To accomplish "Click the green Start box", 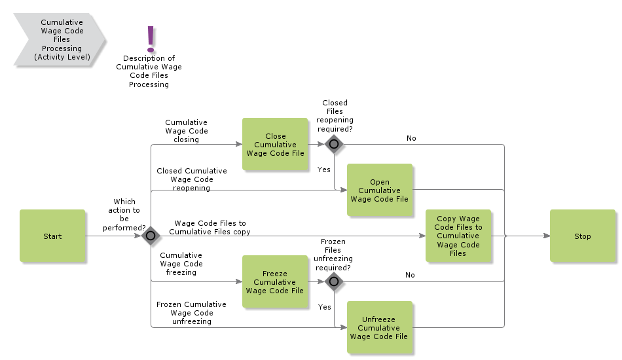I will pyautogui.click(x=52, y=236).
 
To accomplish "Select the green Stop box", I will pyautogui.click(x=582, y=236).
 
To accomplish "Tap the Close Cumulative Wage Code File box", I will pyautogui.click(x=275, y=145).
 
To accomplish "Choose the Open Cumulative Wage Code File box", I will pyautogui.click(x=379, y=190).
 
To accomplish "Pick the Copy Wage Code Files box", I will pyautogui.click(x=458, y=236).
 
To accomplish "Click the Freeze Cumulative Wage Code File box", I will pyautogui.click(x=275, y=282).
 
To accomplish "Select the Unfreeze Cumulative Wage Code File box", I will pyautogui.click(x=379, y=328).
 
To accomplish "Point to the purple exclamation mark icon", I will pyautogui.click(x=151, y=39).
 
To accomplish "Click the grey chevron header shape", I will pyautogui.click(x=59, y=40).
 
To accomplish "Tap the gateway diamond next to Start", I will pyautogui.click(x=151, y=236).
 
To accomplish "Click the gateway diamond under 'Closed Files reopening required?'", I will pyautogui.click(x=334, y=144).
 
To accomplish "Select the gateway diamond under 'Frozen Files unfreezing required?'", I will pyautogui.click(x=334, y=281).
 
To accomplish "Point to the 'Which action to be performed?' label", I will pyautogui.click(x=124, y=215).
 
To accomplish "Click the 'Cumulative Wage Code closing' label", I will pyautogui.click(x=186, y=131).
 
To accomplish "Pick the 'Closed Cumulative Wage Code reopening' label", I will pyautogui.click(x=191, y=179).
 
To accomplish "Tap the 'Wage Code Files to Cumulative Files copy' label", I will pyautogui.click(x=210, y=227).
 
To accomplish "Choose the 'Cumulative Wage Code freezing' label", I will pyautogui.click(x=181, y=264).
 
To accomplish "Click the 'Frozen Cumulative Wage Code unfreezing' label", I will pyautogui.click(x=191, y=313).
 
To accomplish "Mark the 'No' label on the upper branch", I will pyautogui.click(x=411, y=138).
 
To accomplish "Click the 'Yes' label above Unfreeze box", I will pyautogui.click(x=324, y=307).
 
